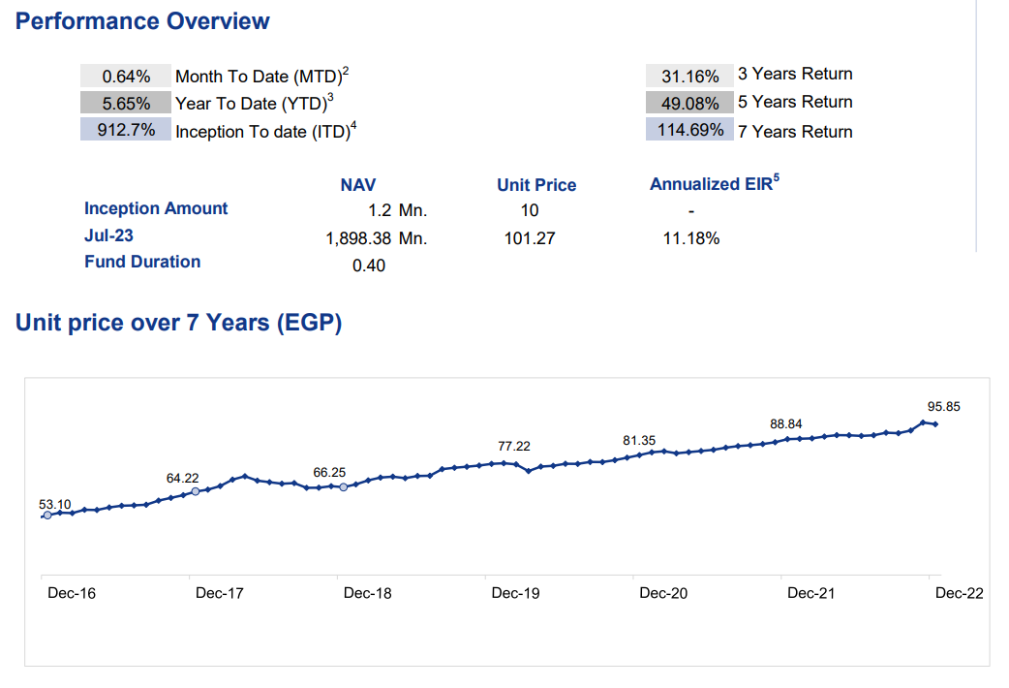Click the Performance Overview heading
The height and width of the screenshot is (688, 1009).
tap(142, 21)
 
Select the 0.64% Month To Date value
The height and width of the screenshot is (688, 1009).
tap(126, 77)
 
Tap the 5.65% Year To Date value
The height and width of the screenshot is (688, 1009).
tap(126, 103)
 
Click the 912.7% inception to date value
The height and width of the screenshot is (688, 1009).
tap(126, 129)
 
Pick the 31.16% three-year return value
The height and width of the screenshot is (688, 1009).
tap(689, 76)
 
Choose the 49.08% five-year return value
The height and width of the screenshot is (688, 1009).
tap(689, 103)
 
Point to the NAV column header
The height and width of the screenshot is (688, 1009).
tap(358, 184)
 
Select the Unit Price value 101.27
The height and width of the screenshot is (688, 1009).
tap(530, 237)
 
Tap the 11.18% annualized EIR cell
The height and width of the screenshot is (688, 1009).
tap(690, 237)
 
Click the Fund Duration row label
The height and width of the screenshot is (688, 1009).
tap(142, 262)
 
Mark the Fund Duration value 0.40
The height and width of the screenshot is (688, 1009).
tap(369, 265)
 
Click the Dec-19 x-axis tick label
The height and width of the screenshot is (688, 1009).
tap(516, 593)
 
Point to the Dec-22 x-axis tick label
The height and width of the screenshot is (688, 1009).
tap(959, 593)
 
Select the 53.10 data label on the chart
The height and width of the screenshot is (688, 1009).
tap(55, 504)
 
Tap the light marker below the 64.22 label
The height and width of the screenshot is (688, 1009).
tap(196, 491)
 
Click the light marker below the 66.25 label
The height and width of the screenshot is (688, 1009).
tap(343, 486)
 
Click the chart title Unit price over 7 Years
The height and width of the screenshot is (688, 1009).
tap(179, 323)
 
